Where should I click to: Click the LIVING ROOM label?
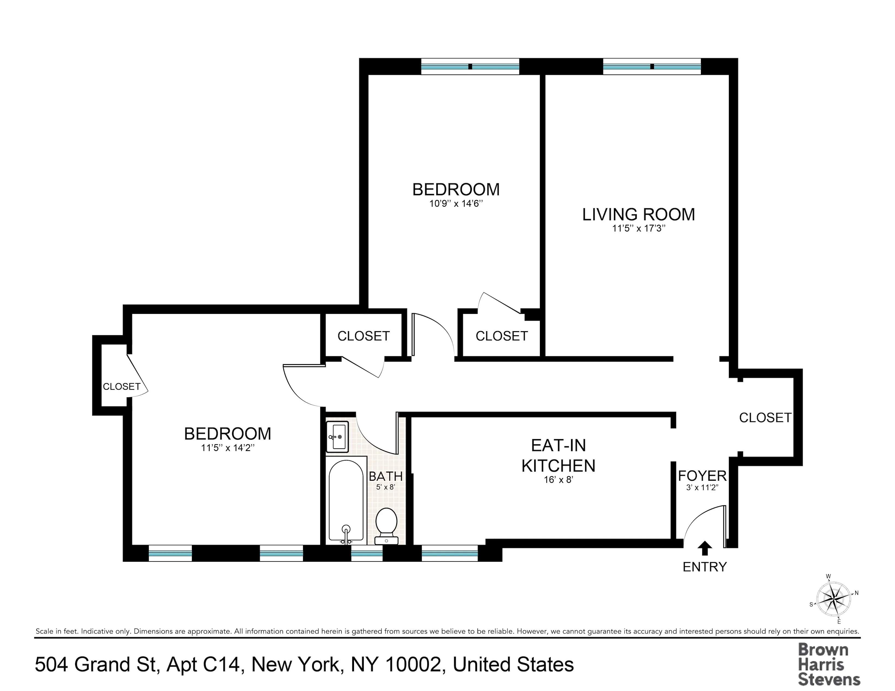638,215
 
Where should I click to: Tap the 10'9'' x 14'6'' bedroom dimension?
456,203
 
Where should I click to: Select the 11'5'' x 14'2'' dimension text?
228,448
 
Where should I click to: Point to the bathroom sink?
337,437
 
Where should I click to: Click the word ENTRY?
704,567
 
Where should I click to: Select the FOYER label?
702,476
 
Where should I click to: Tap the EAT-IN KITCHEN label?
558,455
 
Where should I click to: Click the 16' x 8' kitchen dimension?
558,479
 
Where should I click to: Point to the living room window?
652,66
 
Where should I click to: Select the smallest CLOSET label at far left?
121,386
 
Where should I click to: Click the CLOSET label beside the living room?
502,336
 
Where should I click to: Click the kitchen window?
450,553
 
